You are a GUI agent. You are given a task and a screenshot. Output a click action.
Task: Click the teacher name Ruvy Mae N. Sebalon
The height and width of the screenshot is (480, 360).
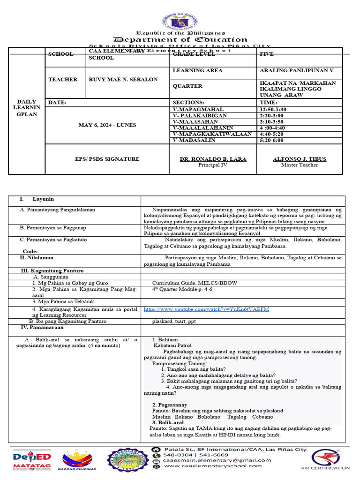[123, 80]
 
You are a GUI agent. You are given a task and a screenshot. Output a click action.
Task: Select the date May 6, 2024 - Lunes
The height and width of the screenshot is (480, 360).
[107, 125]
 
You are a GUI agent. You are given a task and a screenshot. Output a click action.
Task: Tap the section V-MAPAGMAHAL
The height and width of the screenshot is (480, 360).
[193, 109]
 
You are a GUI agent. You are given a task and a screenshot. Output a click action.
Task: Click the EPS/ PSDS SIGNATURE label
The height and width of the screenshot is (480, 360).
[107, 159]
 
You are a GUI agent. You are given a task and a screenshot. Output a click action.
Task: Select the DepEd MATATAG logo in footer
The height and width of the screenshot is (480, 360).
[26, 459]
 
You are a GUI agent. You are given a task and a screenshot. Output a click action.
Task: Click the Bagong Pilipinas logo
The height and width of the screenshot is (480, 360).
[77, 459]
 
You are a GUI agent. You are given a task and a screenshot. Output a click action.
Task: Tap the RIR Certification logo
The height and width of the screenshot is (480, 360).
[330, 459]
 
